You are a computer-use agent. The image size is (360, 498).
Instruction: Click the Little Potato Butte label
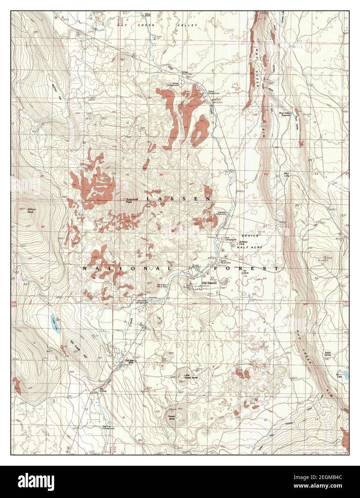[190, 377]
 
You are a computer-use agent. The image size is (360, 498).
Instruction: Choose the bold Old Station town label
[209, 283]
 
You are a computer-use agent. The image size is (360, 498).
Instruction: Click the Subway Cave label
[244, 243]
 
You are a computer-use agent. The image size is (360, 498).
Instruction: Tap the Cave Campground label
[230, 239]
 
